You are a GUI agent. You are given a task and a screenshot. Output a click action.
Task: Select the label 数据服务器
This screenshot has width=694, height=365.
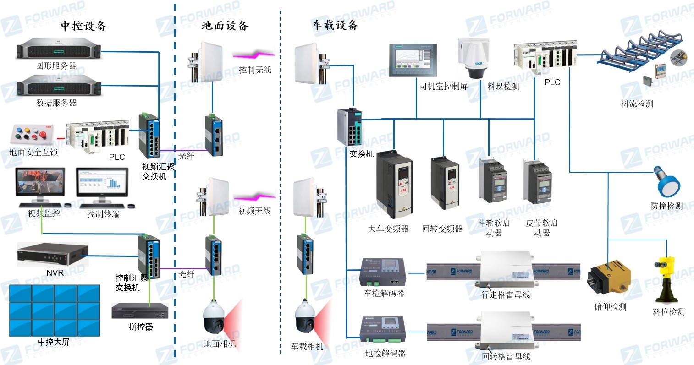(x=56, y=103)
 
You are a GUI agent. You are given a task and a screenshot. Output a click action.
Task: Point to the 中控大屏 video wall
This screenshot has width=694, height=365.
(x=55, y=311)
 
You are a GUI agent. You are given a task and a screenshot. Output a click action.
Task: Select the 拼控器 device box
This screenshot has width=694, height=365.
(x=140, y=311)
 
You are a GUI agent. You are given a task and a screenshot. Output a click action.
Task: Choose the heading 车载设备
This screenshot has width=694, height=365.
(x=335, y=25)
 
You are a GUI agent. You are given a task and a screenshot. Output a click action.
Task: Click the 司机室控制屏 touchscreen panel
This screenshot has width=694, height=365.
(x=413, y=60)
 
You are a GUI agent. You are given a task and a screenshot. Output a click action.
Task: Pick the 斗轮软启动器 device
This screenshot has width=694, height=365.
(x=493, y=181)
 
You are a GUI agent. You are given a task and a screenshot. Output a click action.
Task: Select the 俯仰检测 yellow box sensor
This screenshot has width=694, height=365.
(x=610, y=278)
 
